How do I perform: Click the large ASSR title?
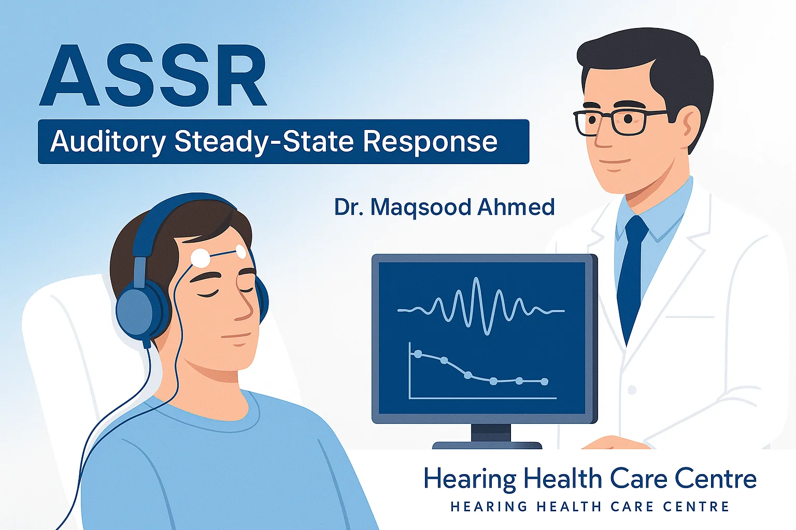click(153, 76)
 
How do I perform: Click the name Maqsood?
click(421, 208)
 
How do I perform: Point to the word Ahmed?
click(516, 207)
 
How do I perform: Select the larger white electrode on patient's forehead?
click(201, 258)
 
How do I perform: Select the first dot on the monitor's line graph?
click(418, 354)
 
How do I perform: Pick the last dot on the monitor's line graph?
click(544, 381)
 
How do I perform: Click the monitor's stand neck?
click(491, 433)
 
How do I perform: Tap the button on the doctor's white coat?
click(632, 390)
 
